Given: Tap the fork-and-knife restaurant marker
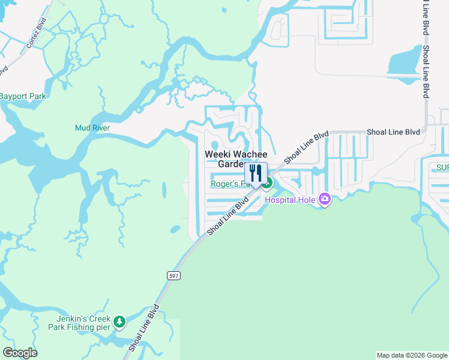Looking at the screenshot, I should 256,173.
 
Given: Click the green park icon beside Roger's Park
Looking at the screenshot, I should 268,183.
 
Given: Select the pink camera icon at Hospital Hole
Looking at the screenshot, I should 325,199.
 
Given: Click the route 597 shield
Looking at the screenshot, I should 173,275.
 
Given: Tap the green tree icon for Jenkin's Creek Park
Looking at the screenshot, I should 119,322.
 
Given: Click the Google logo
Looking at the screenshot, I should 20,353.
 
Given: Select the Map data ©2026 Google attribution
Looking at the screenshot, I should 411,355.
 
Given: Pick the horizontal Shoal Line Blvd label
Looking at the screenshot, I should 393,132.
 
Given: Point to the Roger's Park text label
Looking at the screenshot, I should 227,184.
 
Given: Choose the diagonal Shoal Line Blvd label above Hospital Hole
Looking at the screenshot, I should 306,147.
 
